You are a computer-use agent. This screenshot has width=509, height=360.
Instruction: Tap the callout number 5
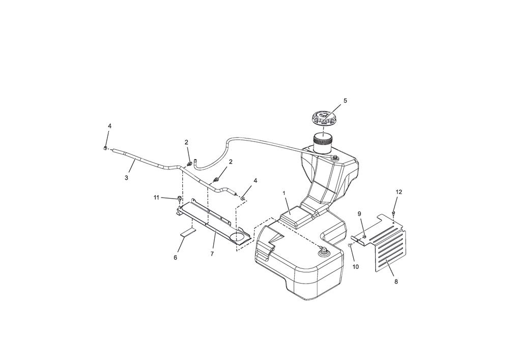pos(345,101)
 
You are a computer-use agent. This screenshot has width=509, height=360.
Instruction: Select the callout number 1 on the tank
pos(284,193)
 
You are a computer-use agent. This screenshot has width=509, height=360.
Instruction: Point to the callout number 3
pos(126,178)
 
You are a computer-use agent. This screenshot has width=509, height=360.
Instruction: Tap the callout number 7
pos(212,254)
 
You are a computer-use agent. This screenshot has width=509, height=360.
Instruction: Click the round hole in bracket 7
pos(240,237)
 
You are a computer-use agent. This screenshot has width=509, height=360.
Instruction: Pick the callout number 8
pos(396,282)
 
